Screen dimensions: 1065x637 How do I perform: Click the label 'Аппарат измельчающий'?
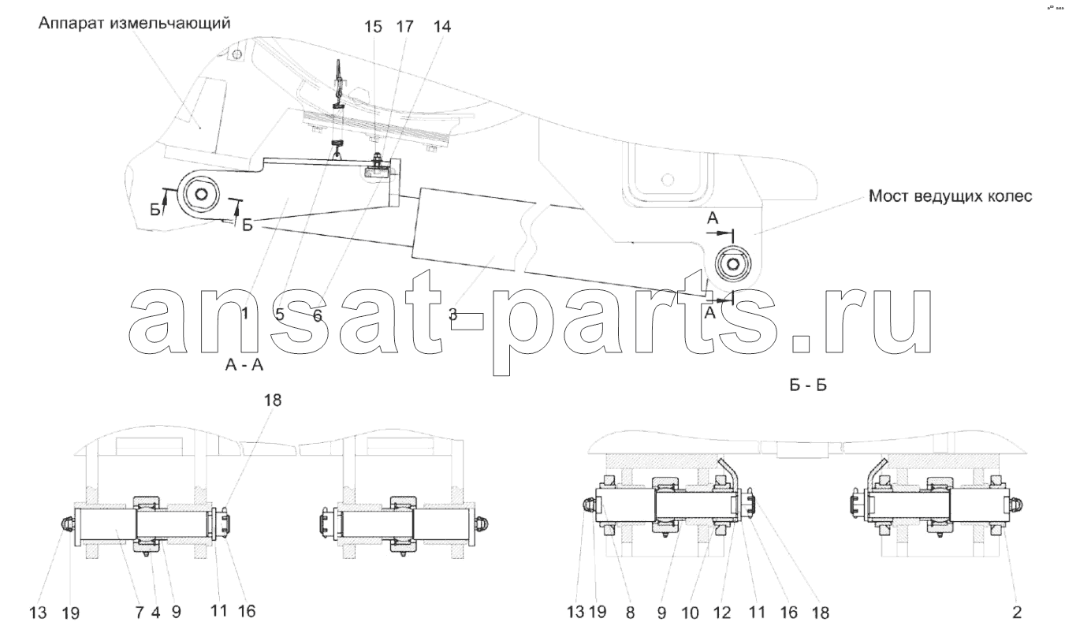tap(135, 24)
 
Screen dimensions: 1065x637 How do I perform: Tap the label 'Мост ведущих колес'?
tap(951, 196)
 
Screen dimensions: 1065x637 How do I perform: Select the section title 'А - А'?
tap(244, 364)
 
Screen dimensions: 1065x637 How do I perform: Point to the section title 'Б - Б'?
tap(808, 385)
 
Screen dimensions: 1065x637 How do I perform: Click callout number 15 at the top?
tap(373, 27)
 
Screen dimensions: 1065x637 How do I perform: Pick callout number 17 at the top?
tap(405, 27)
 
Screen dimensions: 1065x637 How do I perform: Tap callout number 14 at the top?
tap(441, 27)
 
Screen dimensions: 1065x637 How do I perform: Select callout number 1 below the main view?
tap(245, 313)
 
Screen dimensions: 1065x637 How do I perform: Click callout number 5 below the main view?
tap(280, 315)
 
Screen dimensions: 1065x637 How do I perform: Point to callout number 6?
tap(318, 315)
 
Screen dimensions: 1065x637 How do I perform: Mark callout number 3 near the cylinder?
tap(453, 314)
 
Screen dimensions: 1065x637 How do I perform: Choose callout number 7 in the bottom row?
tap(139, 613)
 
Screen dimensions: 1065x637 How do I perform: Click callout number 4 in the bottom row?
tap(155, 613)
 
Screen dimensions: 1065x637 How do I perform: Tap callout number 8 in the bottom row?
tap(630, 613)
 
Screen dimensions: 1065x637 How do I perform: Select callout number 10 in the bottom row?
tap(690, 613)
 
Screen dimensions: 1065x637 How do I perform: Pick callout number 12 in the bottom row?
tap(722, 613)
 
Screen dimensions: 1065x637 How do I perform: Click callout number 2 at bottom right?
tap(1017, 613)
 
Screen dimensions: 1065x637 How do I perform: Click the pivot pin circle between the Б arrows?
tap(198, 195)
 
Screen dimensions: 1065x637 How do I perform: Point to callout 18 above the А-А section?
tap(273, 400)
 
